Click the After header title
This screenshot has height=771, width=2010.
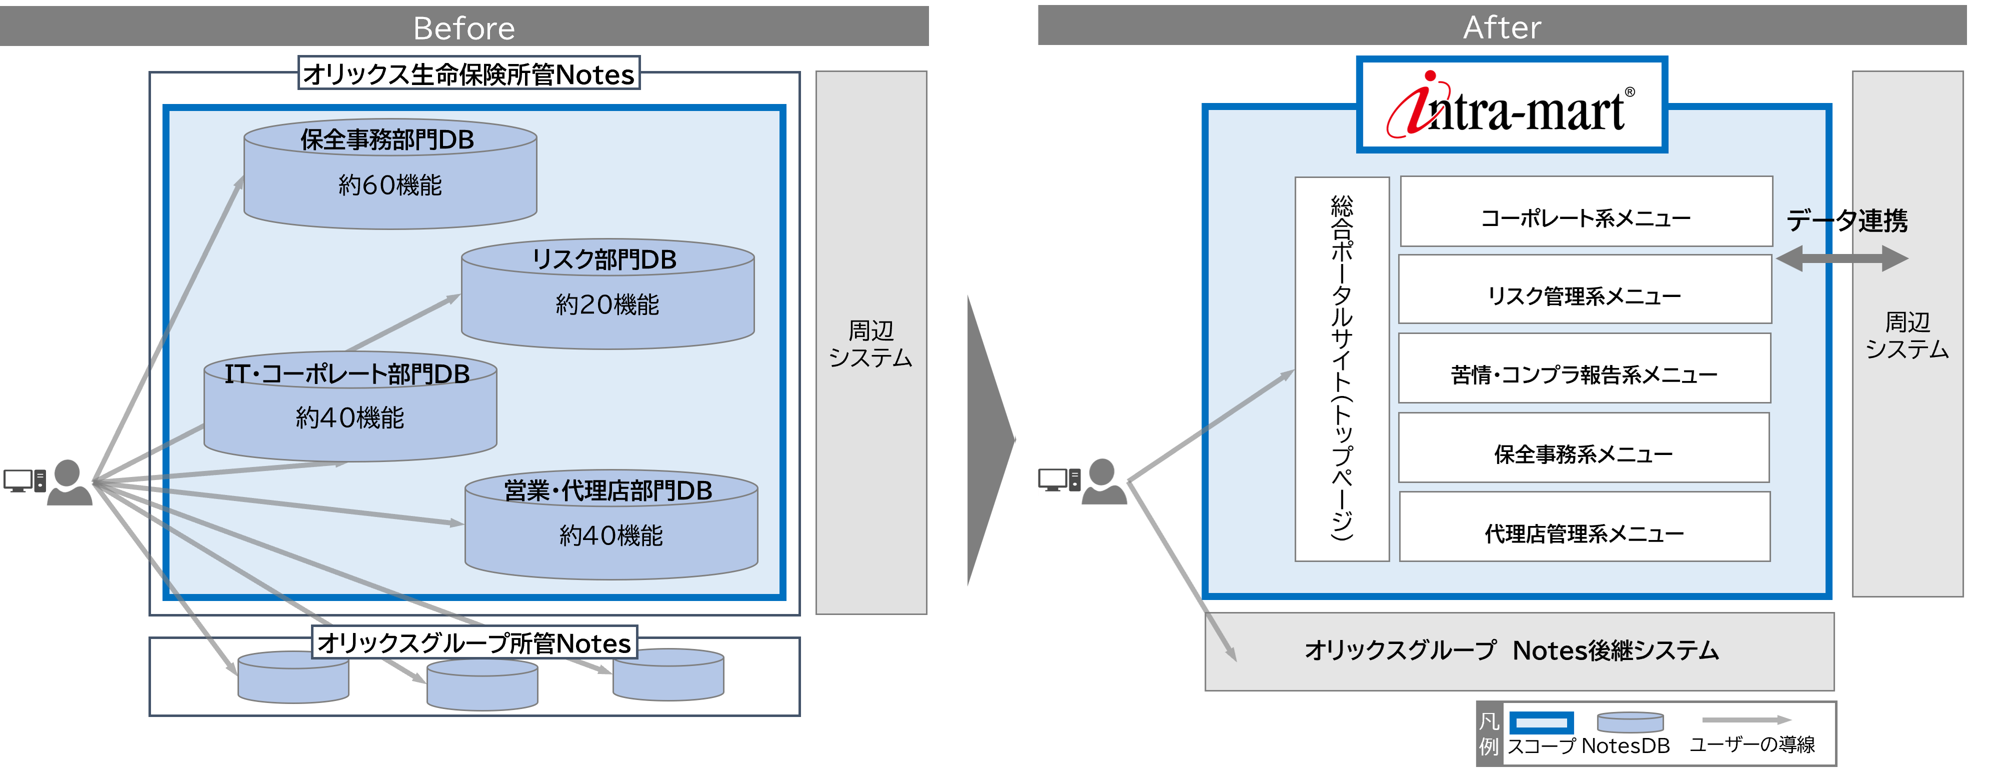pyautogui.click(x=1501, y=27)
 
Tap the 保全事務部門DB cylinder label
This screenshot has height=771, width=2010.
pyautogui.click(x=388, y=139)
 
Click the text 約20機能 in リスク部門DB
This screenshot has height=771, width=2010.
pyautogui.click(x=607, y=304)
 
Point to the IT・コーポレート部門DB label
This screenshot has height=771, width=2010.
pyautogui.click(x=347, y=374)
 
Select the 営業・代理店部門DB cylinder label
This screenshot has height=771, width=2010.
pyautogui.click(x=608, y=491)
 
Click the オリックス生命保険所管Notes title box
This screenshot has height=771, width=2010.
pyautogui.click(x=468, y=74)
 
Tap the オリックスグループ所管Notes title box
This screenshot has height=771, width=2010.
pyautogui.click(x=473, y=643)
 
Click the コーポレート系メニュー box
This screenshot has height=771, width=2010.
pyautogui.click(x=1585, y=217)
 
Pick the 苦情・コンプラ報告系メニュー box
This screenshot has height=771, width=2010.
pyautogui.click(x=1584, y=374)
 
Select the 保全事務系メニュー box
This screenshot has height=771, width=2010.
pyautogui.click(x=1583, y=453)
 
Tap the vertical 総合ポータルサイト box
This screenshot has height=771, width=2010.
pyautogui.click(x=1341, y=368)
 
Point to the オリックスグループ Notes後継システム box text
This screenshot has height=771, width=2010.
pyautogui.click(x=1511, y=650)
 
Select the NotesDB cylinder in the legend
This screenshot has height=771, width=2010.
pyautogui.click(x=1630, y=722)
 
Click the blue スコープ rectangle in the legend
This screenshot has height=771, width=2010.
pyautogui.click(x=1540, y=722)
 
